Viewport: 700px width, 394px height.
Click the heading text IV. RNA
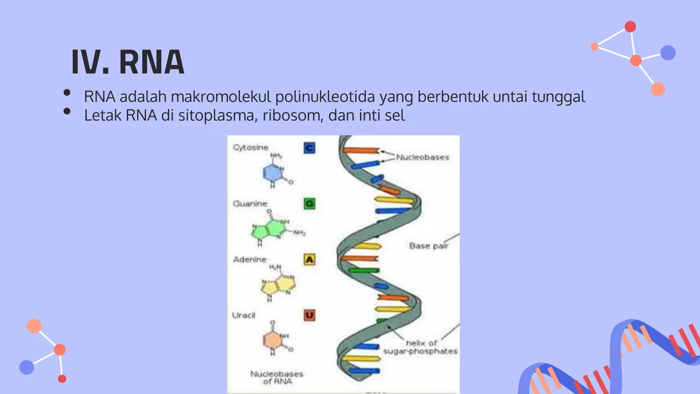[128, 62]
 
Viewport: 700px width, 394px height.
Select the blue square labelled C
[309, 148]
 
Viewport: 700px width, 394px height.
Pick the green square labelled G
[309, 204]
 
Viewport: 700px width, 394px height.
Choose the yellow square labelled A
[309, 260]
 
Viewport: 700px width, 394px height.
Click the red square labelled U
[309, 315]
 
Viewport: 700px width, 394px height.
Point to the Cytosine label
[251, 147]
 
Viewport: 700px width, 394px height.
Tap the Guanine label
[250, 204]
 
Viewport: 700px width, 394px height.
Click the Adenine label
[250, 260]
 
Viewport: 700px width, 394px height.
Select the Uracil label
[244, 315]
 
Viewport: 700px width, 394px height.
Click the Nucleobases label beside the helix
[422, 157]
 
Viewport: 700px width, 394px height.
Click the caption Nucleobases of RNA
[277, 378]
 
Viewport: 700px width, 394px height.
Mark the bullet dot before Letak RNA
[67, 111]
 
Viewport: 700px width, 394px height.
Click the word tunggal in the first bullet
[558, 97]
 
